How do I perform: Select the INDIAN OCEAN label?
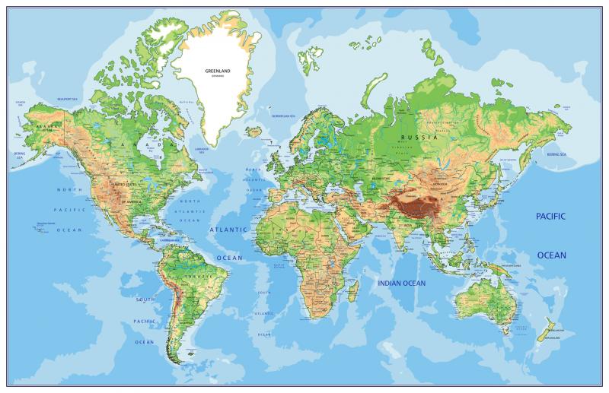[402, 283]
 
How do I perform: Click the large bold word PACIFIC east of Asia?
[550, 217]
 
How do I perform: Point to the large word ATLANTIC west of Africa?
[228, 229]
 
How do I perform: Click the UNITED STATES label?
[128, 185]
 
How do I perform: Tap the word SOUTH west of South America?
[145, 300]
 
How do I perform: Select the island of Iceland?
[254, 132]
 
